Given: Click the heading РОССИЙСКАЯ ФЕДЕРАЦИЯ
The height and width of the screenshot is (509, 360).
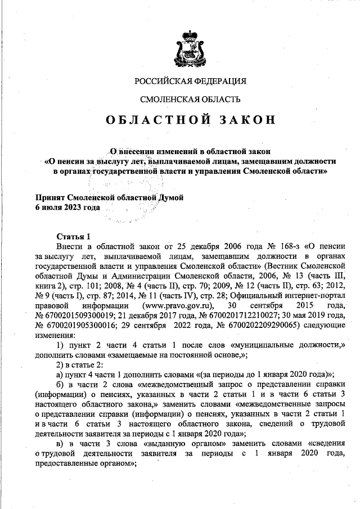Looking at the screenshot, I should [x=190, y=81].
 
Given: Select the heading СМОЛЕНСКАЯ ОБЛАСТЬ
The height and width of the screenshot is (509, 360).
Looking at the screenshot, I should [x=190, y=100].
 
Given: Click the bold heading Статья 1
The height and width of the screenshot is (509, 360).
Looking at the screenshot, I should [x=74, y=235].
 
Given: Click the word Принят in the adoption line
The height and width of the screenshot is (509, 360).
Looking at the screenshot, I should [x=49, y=198].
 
